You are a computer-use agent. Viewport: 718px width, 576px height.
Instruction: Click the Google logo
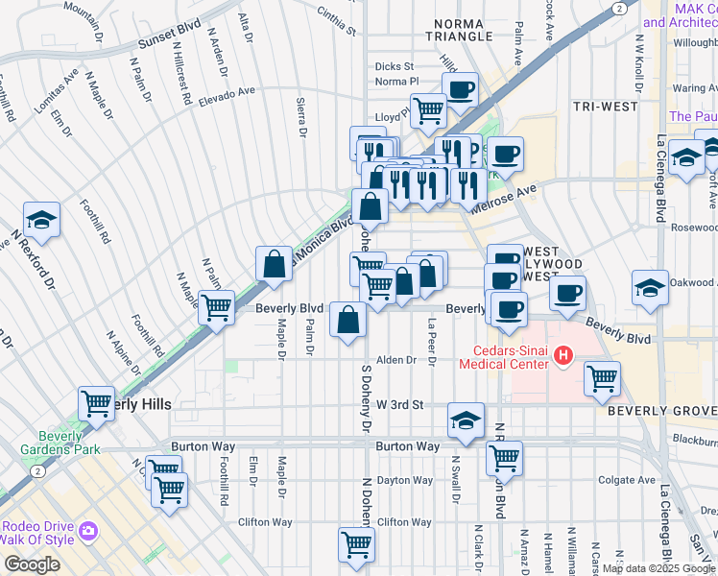coord(32,564)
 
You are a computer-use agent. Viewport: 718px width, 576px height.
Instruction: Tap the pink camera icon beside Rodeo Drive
coord(88,530)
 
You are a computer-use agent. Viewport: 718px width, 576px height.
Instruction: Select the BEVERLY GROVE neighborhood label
coord(661,410)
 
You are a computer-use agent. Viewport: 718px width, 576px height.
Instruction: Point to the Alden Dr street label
coord(395,360)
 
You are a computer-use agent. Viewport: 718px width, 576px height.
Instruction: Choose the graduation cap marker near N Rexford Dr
coord(41,220)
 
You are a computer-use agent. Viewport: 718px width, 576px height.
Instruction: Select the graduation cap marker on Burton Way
coord(466,420)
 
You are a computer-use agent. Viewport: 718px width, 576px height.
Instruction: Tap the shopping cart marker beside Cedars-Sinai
coord(602,377)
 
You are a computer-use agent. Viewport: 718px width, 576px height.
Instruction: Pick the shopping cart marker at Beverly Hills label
coord(96,403)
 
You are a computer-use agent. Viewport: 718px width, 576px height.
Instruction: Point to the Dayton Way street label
coord(403,480)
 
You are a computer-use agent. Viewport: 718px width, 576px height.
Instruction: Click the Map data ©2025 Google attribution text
coord(657,568)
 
